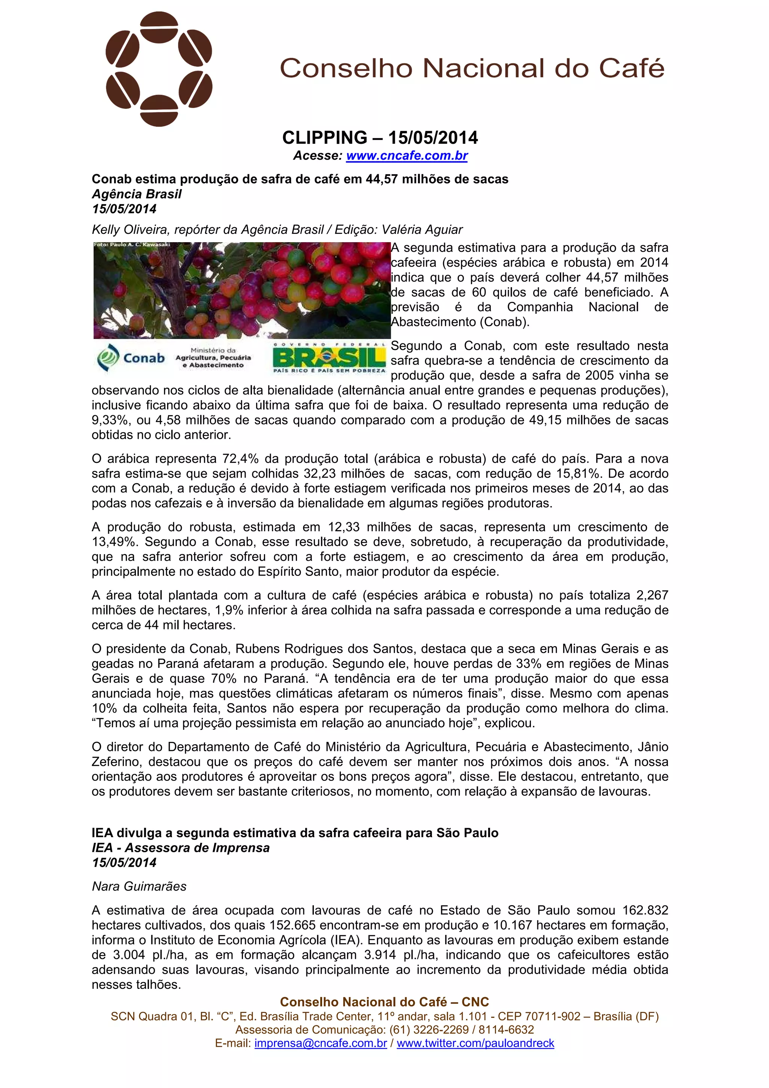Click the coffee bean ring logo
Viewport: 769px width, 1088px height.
159,69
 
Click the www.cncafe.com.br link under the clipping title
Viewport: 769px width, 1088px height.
407,155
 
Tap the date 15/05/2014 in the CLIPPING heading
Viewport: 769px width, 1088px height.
433,138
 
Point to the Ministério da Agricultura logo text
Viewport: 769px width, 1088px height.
213,358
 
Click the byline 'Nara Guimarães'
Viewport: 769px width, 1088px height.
139,886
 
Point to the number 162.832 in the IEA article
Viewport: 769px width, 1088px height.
645,910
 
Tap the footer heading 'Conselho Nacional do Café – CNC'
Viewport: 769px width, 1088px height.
384,1002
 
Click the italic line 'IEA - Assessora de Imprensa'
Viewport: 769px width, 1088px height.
181,848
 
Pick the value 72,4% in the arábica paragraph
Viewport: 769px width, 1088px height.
241,459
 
